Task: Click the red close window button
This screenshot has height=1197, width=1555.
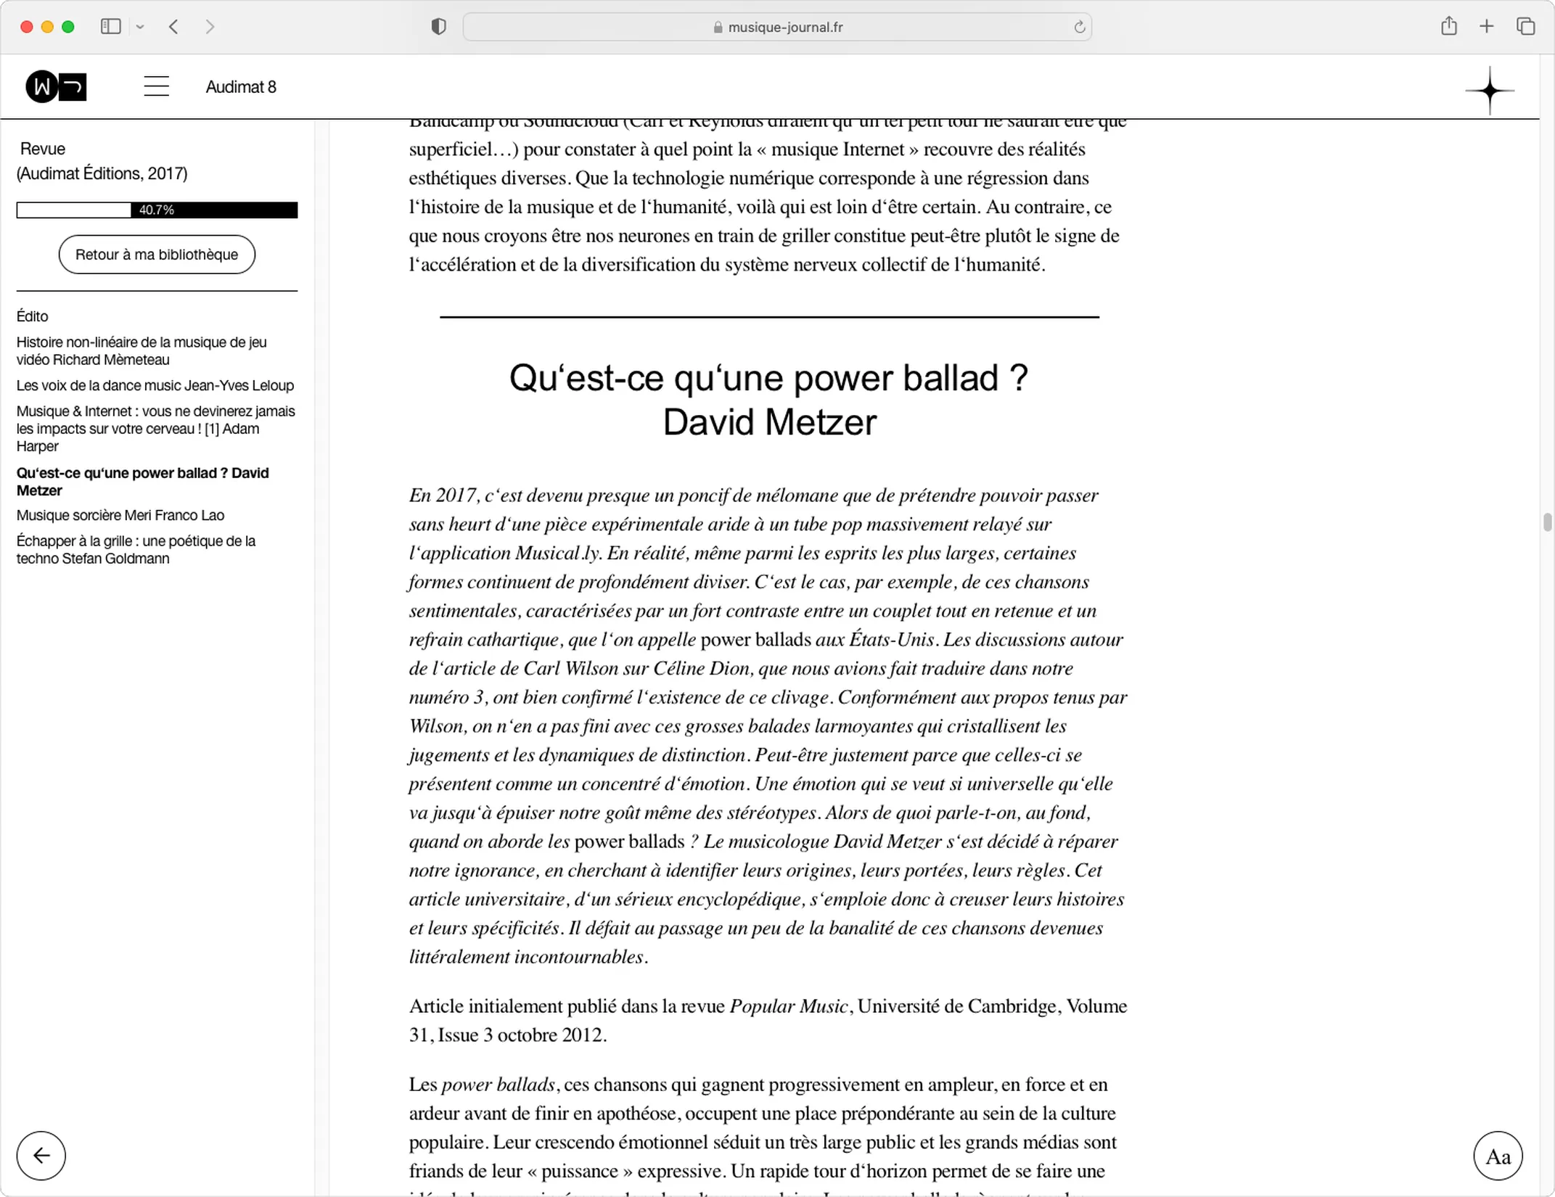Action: (x=27, y=27)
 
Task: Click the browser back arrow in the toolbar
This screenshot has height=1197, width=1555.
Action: (x=173, y=27)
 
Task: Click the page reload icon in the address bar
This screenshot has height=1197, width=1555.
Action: (x=1079, y=27)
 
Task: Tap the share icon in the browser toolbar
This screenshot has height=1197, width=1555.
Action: (x=1448, y=26)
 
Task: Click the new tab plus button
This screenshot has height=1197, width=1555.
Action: (x=1486, y=27)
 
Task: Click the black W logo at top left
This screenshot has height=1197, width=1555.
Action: (x=56, y=87)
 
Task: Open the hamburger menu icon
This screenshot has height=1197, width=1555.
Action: (x=156, y=87)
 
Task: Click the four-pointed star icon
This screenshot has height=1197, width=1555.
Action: (x=1489, y=91)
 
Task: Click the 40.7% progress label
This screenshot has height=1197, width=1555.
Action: (x=156, y=210)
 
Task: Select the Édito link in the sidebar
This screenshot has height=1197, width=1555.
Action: (x=33, y=316)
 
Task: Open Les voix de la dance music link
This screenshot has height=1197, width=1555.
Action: (x=155, y=385)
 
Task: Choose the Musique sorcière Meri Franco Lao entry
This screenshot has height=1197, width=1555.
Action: (x=120, y=515)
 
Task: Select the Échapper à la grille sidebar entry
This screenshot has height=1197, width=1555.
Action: (x=136, y=549)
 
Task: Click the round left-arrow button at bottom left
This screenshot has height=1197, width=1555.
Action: (x=41, y=1155)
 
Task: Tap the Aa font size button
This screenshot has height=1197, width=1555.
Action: (x=1497, y=1156)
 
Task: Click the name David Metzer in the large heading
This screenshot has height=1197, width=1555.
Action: (x=769, y=422)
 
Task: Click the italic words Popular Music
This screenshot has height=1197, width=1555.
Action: (x=788, y=1006)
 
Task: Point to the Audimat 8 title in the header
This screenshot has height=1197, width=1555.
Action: (x=241, y=87)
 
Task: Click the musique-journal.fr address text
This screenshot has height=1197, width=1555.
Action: (x=785, y=28)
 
